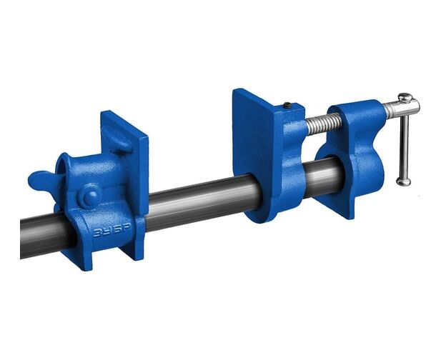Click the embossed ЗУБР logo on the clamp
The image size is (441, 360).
pyautogui.click(x=112, y=230)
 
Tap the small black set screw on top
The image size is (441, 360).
pyautogui.click(x=287, y=105)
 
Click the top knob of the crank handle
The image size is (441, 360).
pyautogui.click(x=405, y=97)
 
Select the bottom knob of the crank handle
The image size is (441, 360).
pyautogui.click(x=404, y=182)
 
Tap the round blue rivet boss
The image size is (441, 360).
pyautogui.click(x=91, y=196)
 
